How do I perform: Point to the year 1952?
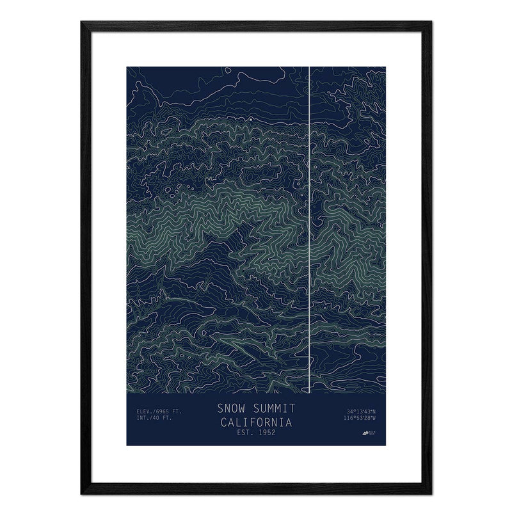[x=265, y=433]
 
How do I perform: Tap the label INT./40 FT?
[x=154, y=419]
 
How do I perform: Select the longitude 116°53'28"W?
[x=359, y=419]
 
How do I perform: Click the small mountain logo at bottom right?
[x=367, y=434]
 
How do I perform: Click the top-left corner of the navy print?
[x=127, y=66]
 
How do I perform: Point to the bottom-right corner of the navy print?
[x=386, y=445]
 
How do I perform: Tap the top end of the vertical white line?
[x=310, y=67]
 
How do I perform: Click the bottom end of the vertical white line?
[x=310, y=392]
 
